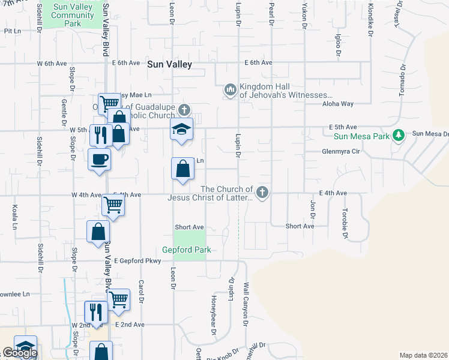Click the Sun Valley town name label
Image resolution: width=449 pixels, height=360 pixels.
pos(169,64)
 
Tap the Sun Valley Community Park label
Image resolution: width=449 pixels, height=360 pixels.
pos(75,15)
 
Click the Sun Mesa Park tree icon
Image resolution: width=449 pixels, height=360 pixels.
pos(397,135)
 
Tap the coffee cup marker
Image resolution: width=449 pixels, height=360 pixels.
pos(99,160)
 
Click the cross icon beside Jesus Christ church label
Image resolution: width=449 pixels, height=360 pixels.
pos(261,193)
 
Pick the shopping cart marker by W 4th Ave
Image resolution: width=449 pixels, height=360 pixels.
pos(113,205)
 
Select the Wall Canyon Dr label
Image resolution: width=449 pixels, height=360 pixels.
pos(246,304)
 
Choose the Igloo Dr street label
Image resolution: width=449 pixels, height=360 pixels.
pos(339,45)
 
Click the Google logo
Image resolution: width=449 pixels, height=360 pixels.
pos(20,353)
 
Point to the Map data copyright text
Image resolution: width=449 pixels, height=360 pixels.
pos(423,355)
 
